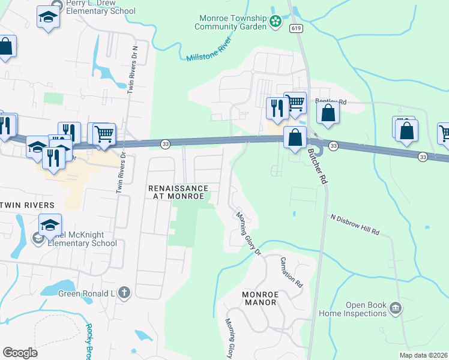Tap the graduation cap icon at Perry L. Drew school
(x=48, y=18)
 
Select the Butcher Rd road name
(x=318, y=167)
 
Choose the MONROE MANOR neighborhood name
(x=259, y=298)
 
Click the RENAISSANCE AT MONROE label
(x=178, y=192)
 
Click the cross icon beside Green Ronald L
(x=124, y=293)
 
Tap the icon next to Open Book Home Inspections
(x=395, y=308)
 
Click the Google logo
(x=20, y=352)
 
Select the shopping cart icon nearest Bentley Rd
(x=294, y=103)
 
